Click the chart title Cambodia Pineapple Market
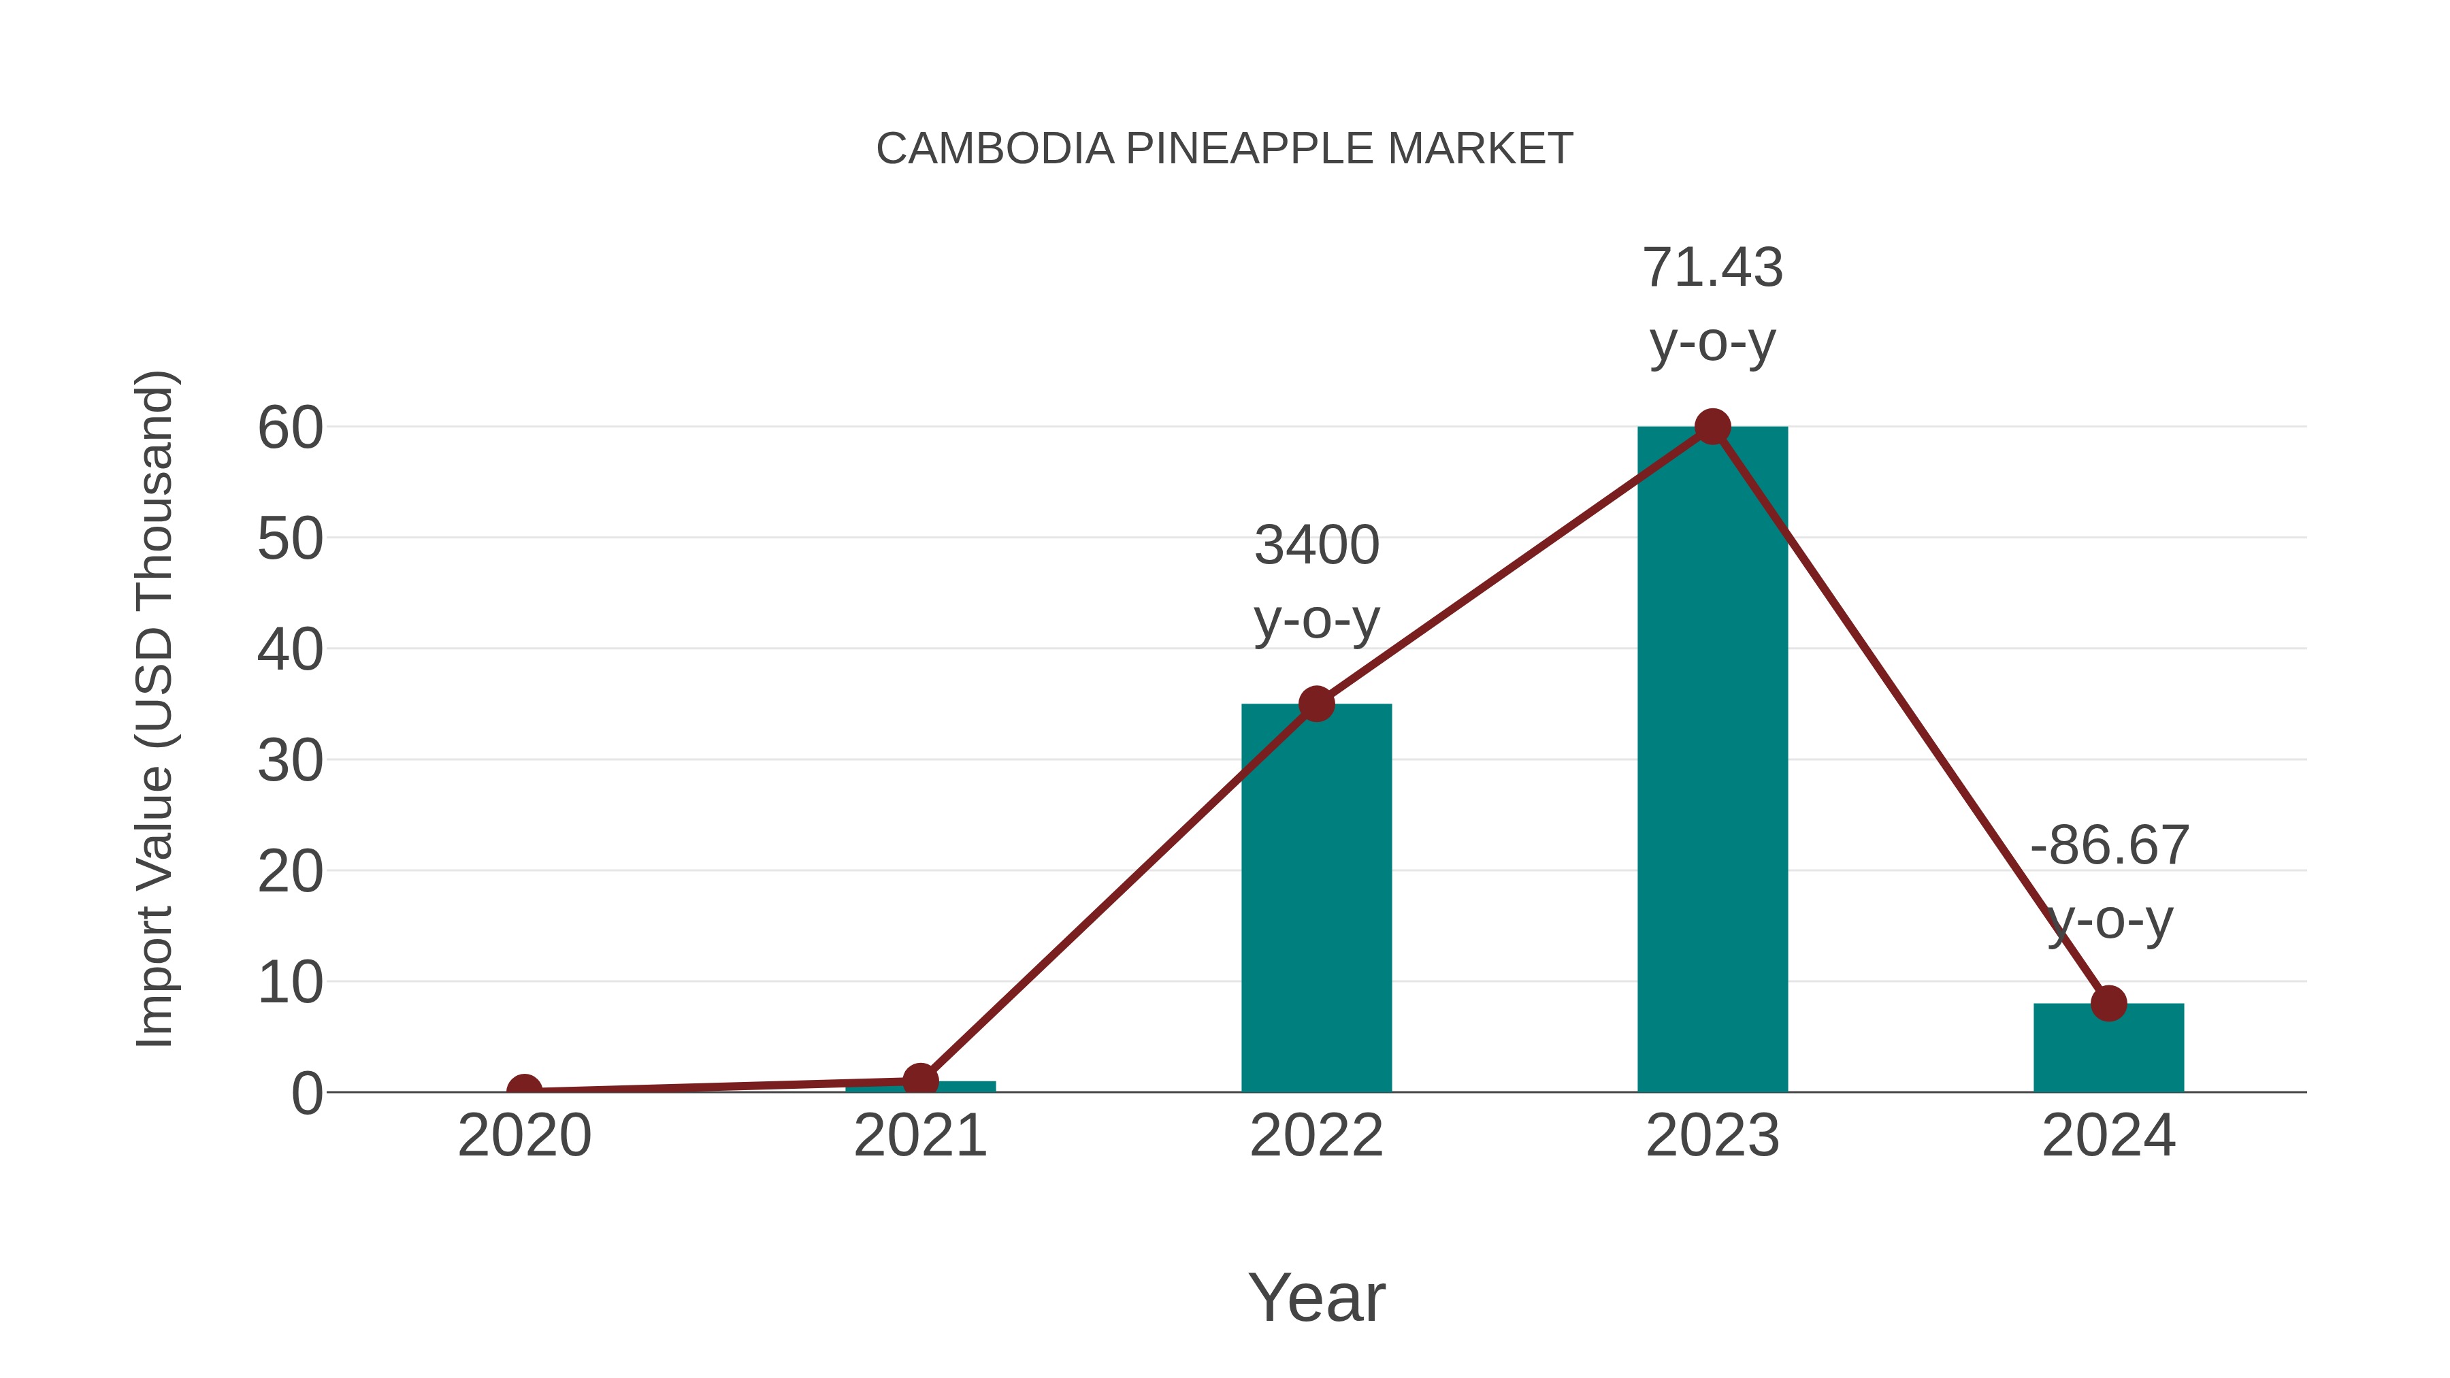click(1224, 149)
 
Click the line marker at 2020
click(524, 1091)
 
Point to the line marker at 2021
click(919, 1081)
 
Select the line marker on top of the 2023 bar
click(1712, 427)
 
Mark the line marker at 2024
click(2108, 1002)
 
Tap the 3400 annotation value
click(1316, 546)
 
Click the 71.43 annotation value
click(1712, 268)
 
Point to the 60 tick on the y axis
click(290, 428)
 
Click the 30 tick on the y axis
click(290, 761)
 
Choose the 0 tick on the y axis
click(307, 1094)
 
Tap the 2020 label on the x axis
click(524, 1136)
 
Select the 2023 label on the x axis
click(1712, 1136)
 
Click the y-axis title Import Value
click(154, 708)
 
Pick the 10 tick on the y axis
click(290, 983)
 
